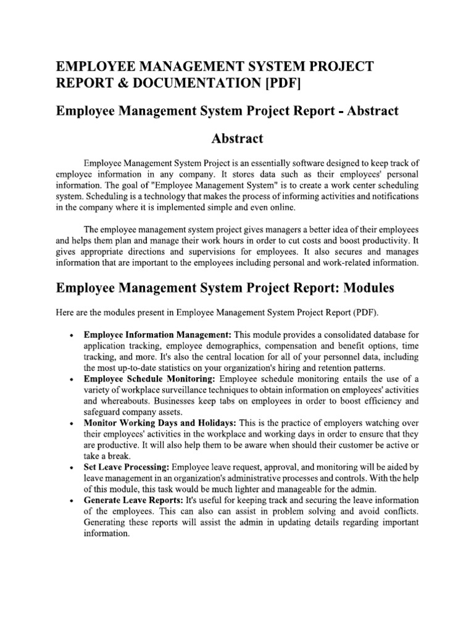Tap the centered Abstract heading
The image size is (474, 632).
[237, 138]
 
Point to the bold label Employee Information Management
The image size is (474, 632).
[157, 334]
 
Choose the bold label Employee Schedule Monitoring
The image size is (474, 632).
[150, 378]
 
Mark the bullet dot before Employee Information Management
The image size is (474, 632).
[72, 335]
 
